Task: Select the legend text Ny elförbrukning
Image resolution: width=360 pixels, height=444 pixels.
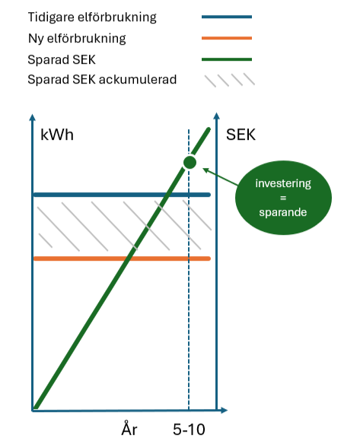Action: [x=76, y=37]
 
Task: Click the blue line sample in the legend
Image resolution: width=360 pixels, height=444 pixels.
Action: [x=227, y=16]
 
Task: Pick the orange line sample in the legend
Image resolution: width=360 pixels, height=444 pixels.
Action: [x=227, y=37]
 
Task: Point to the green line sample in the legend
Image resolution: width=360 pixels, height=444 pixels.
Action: [x=227, y=59]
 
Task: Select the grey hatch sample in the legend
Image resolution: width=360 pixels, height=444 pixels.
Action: [x=227, y=78]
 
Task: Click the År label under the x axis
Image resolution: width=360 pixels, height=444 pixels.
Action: [x=129, y=429]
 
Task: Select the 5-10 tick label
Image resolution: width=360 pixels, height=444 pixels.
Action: [x=189, y=429]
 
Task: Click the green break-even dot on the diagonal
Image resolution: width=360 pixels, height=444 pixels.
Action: [x=190, y=162]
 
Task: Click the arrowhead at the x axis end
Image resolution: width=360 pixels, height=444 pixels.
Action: [x=224, y=411]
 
